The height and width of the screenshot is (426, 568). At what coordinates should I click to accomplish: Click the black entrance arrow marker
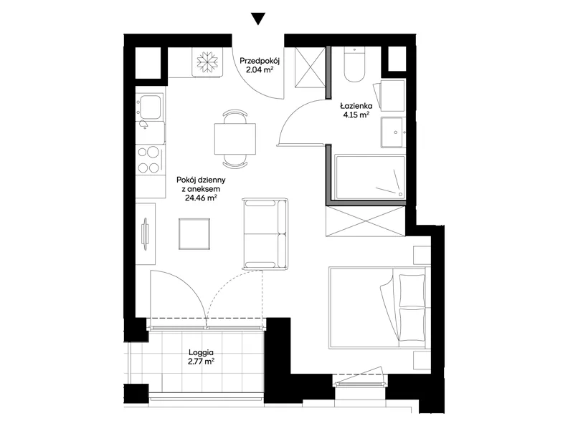pyautogui.click(x=258, y=19)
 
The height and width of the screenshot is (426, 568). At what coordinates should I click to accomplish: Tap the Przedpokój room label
pyautogui.click(x=260, y=61)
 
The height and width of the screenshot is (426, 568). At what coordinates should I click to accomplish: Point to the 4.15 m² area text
pyautogui.click(x=356, y=115)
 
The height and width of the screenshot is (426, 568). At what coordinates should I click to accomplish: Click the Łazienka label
pyautogui.click(x=356, y=106)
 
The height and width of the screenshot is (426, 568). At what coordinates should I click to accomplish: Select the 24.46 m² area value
pyautogui.click(x=201, y=198)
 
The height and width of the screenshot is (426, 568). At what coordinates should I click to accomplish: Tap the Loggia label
pyautogui.click(x=201, y=352)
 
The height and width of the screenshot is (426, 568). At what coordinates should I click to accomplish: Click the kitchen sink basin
pyautogui.click(x=151, y=107)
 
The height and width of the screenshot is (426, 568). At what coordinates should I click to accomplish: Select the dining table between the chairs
pyautogui.click(x=235, y=139)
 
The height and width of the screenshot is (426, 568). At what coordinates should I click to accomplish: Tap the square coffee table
pyautogui.click(x=194, y=234)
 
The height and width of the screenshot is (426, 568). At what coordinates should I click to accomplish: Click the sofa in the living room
pyautogui.click(x=266, y=233)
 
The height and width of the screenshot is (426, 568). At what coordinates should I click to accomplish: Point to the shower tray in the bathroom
pyautogui.click(x=370, y=177)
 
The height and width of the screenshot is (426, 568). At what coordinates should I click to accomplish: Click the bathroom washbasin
pyautogui.click(x=393, y=132)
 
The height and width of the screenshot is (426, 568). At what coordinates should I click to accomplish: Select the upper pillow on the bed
pyautogui.click(x=412, y=291)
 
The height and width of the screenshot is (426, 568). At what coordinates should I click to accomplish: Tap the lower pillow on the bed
pyautogui.click(x=412, y=324)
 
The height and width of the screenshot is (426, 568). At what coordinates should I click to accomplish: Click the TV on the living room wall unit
pyautogui.click(x=146, y=234)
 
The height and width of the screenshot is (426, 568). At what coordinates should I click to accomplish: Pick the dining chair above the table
pyautogui.click(x=235, y=117)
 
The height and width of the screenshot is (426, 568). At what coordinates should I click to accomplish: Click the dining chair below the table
pyautogui.click(x=235, y=161)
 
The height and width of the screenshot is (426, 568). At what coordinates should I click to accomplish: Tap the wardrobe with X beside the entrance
pyautogui.click(x=310, y=67)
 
